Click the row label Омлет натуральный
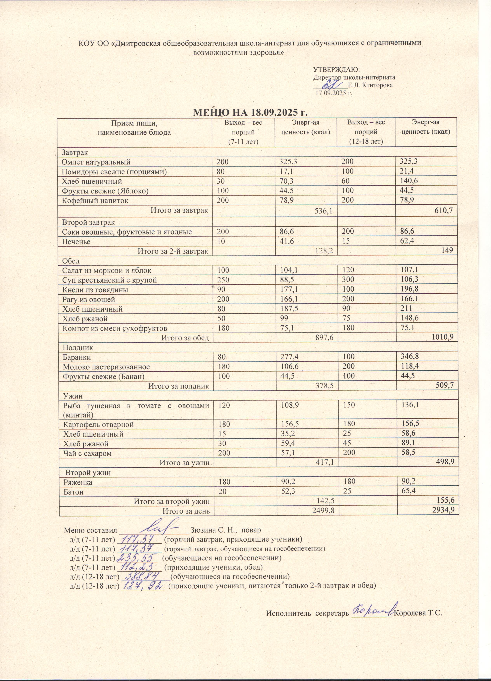coord(96,162)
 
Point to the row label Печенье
coord(76,242)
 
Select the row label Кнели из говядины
coord(95,290)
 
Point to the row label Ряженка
coord(77,482)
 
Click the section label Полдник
coord(78,348)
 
